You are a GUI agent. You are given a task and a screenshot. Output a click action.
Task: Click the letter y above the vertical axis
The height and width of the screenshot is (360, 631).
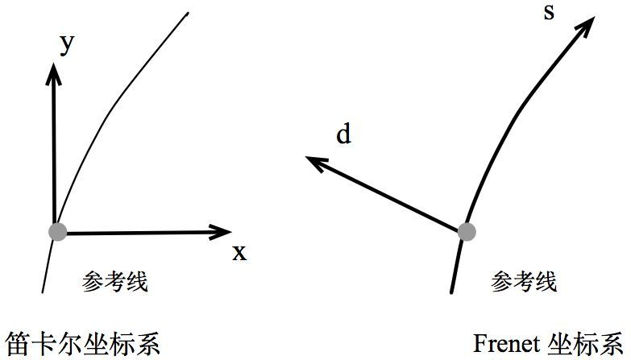(67, 44)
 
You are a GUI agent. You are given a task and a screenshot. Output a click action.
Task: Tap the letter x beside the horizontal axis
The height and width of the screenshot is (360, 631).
(239, 253)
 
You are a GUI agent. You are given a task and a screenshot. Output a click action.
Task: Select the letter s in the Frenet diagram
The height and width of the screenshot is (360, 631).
(549, 14)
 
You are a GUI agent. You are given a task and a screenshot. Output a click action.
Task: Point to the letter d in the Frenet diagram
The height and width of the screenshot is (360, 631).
(344, 134)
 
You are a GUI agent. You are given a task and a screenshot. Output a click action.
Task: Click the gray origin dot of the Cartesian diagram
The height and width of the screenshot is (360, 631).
(56, 232)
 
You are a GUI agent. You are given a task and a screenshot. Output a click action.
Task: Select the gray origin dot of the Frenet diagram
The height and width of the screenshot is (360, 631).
(467, 232)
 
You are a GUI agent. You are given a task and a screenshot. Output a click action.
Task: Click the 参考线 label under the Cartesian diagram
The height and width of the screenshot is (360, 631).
(115, 281)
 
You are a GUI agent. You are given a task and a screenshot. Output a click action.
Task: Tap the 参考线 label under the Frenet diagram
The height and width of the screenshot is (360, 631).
(524, 281)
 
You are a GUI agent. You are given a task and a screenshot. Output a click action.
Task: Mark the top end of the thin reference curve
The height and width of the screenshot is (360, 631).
(188, 14)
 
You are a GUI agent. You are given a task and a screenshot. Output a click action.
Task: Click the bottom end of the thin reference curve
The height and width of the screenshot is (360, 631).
(42, 291)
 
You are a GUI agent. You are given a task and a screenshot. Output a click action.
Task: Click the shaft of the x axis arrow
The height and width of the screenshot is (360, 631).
(137, 233)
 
